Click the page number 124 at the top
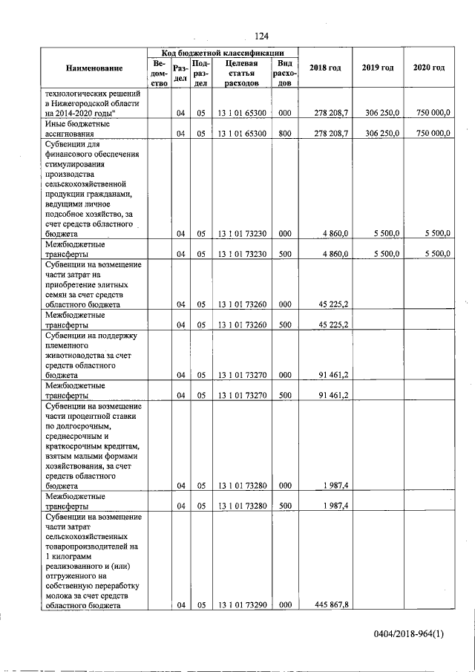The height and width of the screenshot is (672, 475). pyautogui.click(x=261, y=36)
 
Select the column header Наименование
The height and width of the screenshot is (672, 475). pyautogui.click(x=94, y=68)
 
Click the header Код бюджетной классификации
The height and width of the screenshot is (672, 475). pyautogui.click(x=223, y=53)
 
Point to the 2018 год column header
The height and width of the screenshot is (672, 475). pyautogui.click(x=325, y=68)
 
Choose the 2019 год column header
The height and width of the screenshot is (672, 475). pyautogui.click(x=378, y=68)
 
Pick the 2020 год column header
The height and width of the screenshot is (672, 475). pyautogui.click(x=429, y=68)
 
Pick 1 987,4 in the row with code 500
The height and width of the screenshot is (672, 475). pyautogui.click(x=336, y=506)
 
